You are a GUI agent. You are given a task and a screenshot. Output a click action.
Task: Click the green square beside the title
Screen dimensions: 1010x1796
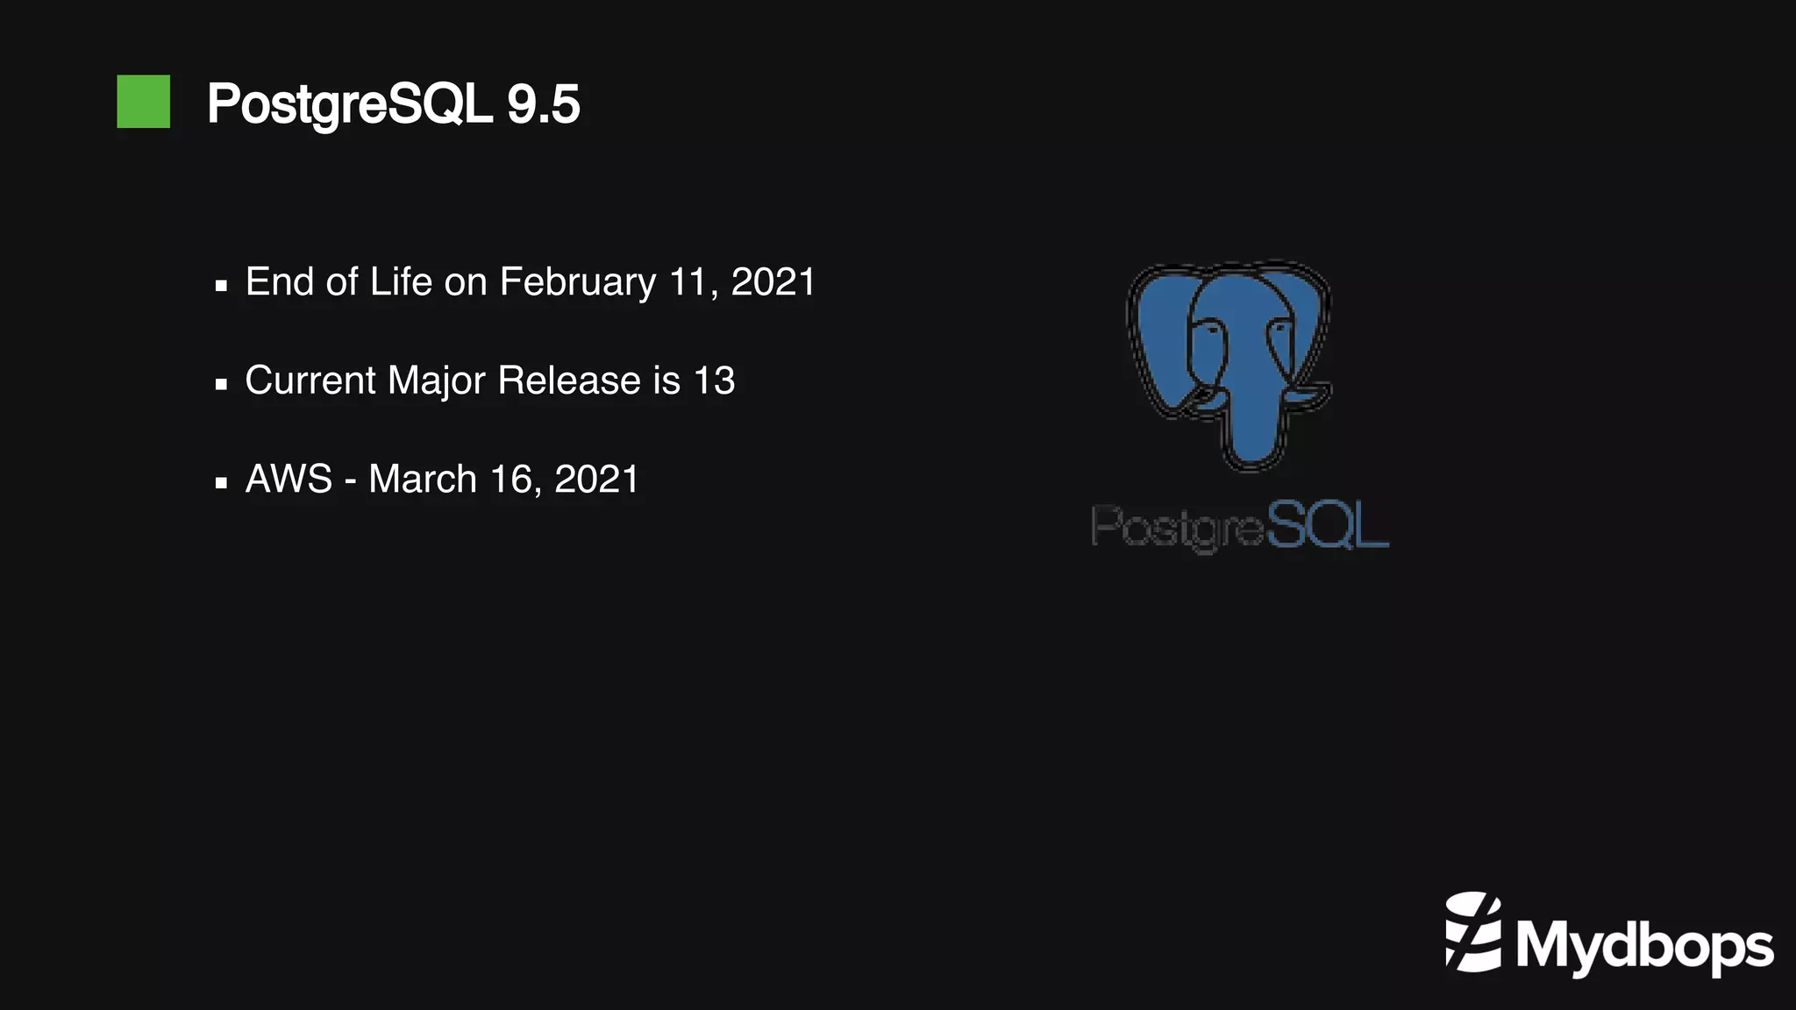(143, 102)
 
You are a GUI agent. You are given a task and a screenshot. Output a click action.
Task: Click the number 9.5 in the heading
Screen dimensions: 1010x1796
(543, 104)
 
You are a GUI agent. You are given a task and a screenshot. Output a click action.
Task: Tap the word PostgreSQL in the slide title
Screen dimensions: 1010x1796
(349, 104)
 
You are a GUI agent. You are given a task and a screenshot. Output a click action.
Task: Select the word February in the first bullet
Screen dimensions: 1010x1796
(577, 282)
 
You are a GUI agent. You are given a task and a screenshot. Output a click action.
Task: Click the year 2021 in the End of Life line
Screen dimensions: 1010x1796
(773, 282)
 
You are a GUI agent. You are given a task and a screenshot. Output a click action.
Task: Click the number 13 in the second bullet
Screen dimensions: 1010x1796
(714, 381)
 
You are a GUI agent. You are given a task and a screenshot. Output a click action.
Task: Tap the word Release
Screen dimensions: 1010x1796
(569, 381)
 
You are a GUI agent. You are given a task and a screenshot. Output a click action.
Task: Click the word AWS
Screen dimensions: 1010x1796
(289, 480)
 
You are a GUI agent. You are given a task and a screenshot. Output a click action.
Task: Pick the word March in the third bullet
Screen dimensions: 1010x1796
(422, 480)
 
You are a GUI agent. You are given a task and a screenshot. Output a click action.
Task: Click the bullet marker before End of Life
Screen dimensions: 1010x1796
(221, 286)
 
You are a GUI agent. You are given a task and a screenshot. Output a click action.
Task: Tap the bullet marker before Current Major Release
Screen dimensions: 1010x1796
(221, 384)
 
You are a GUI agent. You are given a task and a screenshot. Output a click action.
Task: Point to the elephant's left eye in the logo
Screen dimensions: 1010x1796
(1208, 328)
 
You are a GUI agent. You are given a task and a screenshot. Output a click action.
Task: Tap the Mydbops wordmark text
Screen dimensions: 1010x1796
(1643, 947)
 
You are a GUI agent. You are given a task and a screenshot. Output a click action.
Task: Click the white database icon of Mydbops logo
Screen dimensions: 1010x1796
(1472, 933)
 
